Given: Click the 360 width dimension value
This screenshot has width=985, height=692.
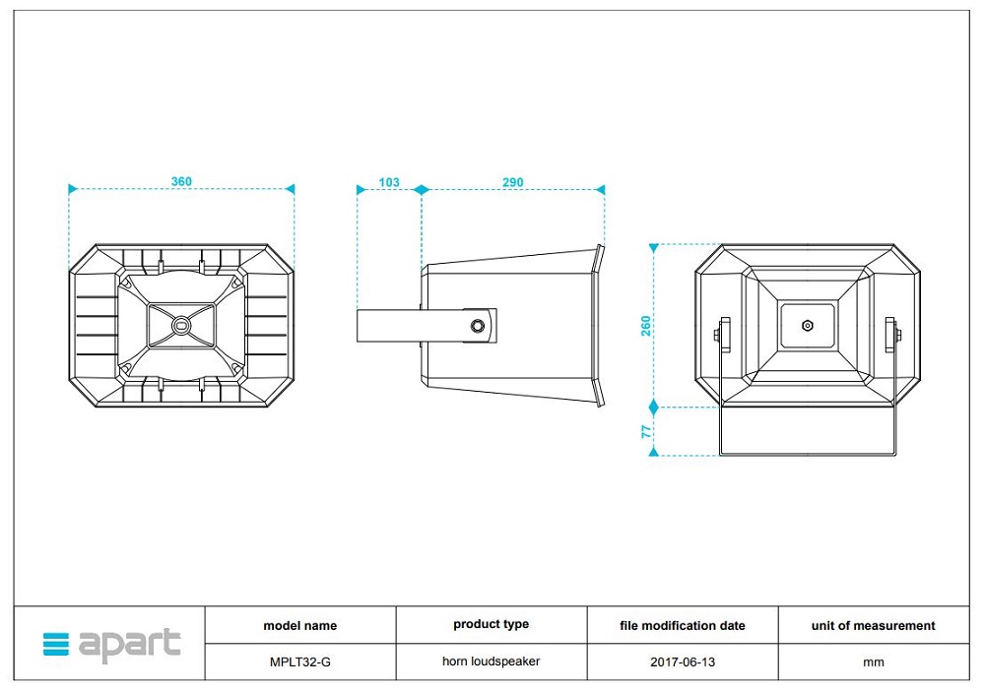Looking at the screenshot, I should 181,181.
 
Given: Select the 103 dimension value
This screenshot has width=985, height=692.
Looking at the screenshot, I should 389,182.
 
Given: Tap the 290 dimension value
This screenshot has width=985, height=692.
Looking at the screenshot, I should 513,182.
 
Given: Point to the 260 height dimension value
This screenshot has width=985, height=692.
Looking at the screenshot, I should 646,325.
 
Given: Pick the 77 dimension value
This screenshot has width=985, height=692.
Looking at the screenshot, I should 646,430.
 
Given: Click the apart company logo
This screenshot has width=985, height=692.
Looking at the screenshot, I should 111,645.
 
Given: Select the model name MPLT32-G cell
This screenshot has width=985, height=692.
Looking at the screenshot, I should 300,662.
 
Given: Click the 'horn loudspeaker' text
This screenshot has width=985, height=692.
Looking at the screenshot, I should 491,661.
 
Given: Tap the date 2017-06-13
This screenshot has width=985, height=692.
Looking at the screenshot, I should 683,662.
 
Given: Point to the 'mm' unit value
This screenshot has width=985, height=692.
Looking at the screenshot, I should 874,662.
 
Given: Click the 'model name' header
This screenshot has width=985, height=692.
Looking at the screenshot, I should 300,625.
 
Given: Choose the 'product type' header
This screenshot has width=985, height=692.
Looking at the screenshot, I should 491,624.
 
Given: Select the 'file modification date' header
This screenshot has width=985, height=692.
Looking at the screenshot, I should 683,625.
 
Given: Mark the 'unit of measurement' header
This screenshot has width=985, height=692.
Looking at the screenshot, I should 874,625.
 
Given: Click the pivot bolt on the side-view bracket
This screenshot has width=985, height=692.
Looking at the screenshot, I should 479,325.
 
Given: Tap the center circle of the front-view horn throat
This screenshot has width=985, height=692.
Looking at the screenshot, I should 180,325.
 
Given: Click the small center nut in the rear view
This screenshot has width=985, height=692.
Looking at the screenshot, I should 808,325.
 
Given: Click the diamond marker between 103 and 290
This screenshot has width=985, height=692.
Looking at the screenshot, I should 421,189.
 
